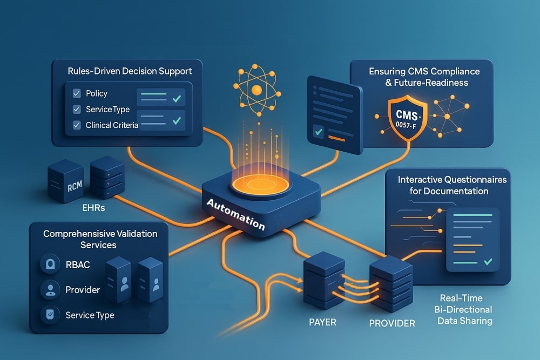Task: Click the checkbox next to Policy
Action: pyautogui.click(x=76, y=94)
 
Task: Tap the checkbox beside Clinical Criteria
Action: pyautogui.click(x=76, y=125)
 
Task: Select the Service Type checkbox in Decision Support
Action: pyautogui.click(x=76, y=110)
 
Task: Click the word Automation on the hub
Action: pyautogui.click(x=236, y=213)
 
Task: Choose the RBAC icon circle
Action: pyautogui.click(x=50, y=265)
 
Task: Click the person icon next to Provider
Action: pyautogui.click(x=50, y=290)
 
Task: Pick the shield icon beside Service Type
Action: pyautogui.click(x=50, y=315)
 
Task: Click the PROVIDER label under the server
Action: pyautogui.click(x=391, y=323)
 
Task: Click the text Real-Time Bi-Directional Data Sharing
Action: pyautogui.click(x=462, y=310)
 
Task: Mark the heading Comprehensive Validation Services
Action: pyautogui.click(x=100, y=239)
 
